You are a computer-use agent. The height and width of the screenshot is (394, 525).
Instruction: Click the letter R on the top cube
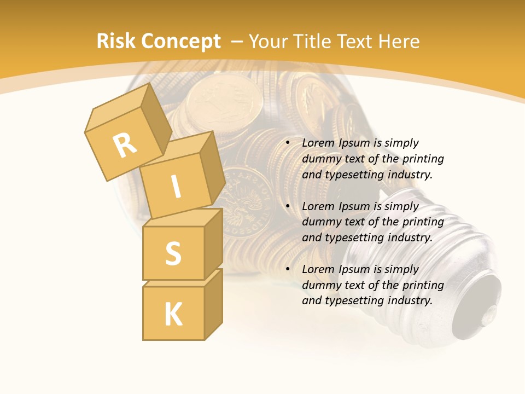(x=125, y=145)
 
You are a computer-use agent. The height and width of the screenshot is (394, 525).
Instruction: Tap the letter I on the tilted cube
(x=176, y=187)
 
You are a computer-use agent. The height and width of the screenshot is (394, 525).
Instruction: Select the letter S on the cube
(x=173, y=253)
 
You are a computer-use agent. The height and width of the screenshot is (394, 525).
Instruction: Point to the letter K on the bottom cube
(x=173, y=314)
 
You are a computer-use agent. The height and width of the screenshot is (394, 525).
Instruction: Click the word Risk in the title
(x=115, y=42)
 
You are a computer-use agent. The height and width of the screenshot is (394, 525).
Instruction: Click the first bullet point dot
(x=287, y=143)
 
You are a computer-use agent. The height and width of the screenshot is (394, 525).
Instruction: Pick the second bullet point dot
(x=287, y=206)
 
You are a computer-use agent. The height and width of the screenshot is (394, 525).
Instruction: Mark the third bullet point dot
(x=287, y=269)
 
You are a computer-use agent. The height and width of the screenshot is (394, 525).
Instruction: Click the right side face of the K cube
(x=213, y=304)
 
